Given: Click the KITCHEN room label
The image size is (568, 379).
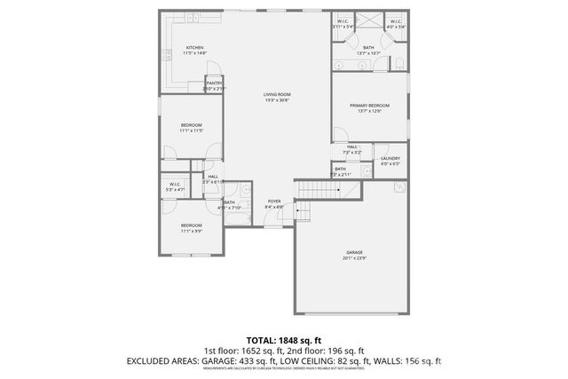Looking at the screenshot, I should coord(194,48).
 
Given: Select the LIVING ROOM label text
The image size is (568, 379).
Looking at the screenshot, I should coord(277,94).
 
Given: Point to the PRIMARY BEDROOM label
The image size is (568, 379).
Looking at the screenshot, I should coord(369,105).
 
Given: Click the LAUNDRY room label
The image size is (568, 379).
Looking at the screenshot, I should coord(390,159).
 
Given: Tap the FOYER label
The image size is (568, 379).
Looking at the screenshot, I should coord(274,201).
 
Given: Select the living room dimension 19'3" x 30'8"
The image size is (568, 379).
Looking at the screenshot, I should coord(277,100).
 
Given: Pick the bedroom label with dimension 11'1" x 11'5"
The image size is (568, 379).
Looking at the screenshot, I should coord(192,124).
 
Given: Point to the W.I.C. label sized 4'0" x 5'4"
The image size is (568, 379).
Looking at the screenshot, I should coord(395,21).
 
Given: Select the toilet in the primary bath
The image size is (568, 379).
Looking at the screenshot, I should coord(400,62).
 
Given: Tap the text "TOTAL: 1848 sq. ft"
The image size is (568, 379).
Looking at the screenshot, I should coord(284,340).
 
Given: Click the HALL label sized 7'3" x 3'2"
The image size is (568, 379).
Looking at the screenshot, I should coord(352,146).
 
